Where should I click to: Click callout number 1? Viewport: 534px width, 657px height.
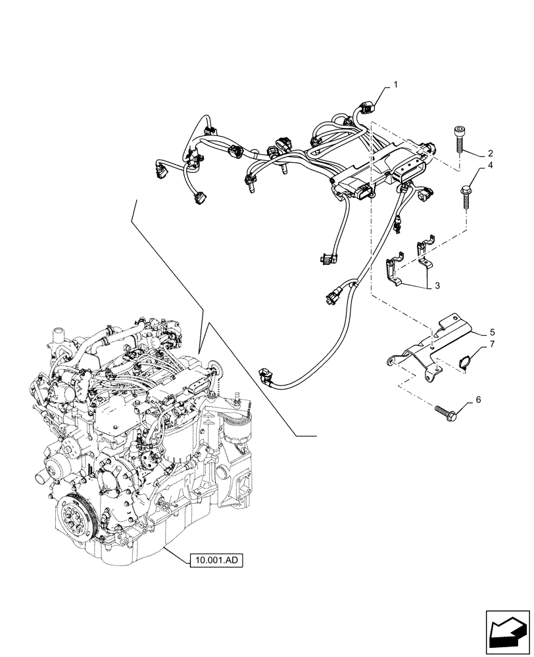click(x=396, y=85)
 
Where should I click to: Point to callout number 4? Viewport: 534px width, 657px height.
click(x=490, y=168)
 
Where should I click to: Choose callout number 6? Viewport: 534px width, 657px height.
click(x=477, y=399)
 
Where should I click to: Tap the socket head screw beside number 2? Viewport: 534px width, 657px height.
click(x=458, y=139)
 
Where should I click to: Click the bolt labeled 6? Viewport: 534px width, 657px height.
click(x=448, y=413)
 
